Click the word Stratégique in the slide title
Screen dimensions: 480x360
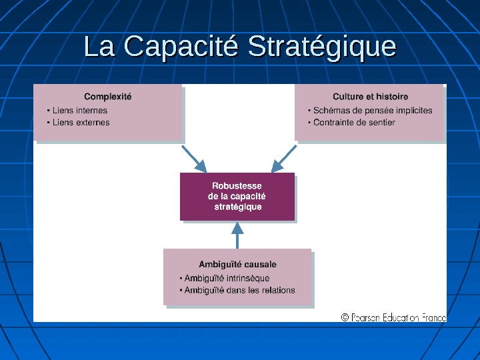[321, 47]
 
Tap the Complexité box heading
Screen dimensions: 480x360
[108, 97]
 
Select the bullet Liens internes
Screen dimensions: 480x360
[79, 111]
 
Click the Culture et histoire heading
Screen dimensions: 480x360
[371, 97]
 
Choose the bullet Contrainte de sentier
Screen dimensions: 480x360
[354, 123]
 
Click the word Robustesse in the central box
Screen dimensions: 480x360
[237, 186]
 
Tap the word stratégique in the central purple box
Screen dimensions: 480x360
[238, 207]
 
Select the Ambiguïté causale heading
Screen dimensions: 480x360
[237, 265]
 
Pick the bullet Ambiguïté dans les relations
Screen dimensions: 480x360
[239, 291]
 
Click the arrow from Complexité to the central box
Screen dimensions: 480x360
[194, 159]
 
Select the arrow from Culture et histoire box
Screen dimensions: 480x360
[284, 159]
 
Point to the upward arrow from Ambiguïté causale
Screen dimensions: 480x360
[237, 235]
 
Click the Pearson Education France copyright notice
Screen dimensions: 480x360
[393, 318]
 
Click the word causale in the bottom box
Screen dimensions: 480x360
[260, 265]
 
